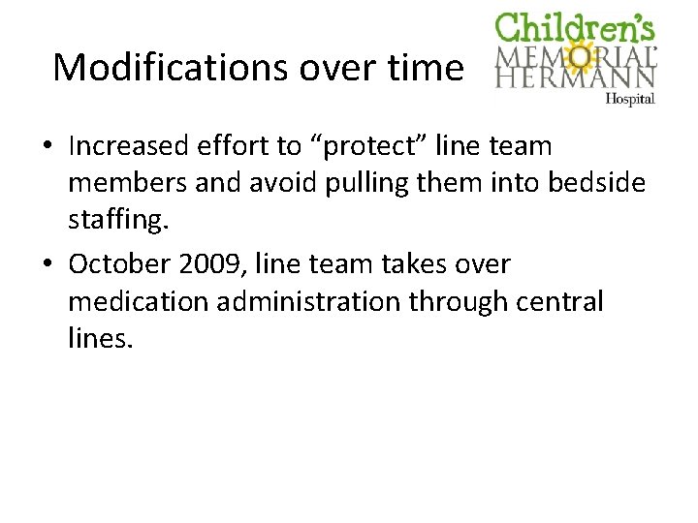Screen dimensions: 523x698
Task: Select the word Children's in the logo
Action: click(x=575, y=28)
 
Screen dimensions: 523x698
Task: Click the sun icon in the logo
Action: click(x=582, y=58)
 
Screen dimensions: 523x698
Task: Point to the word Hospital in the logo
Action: click(x=630, y=99)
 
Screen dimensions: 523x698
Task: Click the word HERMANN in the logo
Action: click(x=576, y=77)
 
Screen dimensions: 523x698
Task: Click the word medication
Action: click(x=139, y=302)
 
